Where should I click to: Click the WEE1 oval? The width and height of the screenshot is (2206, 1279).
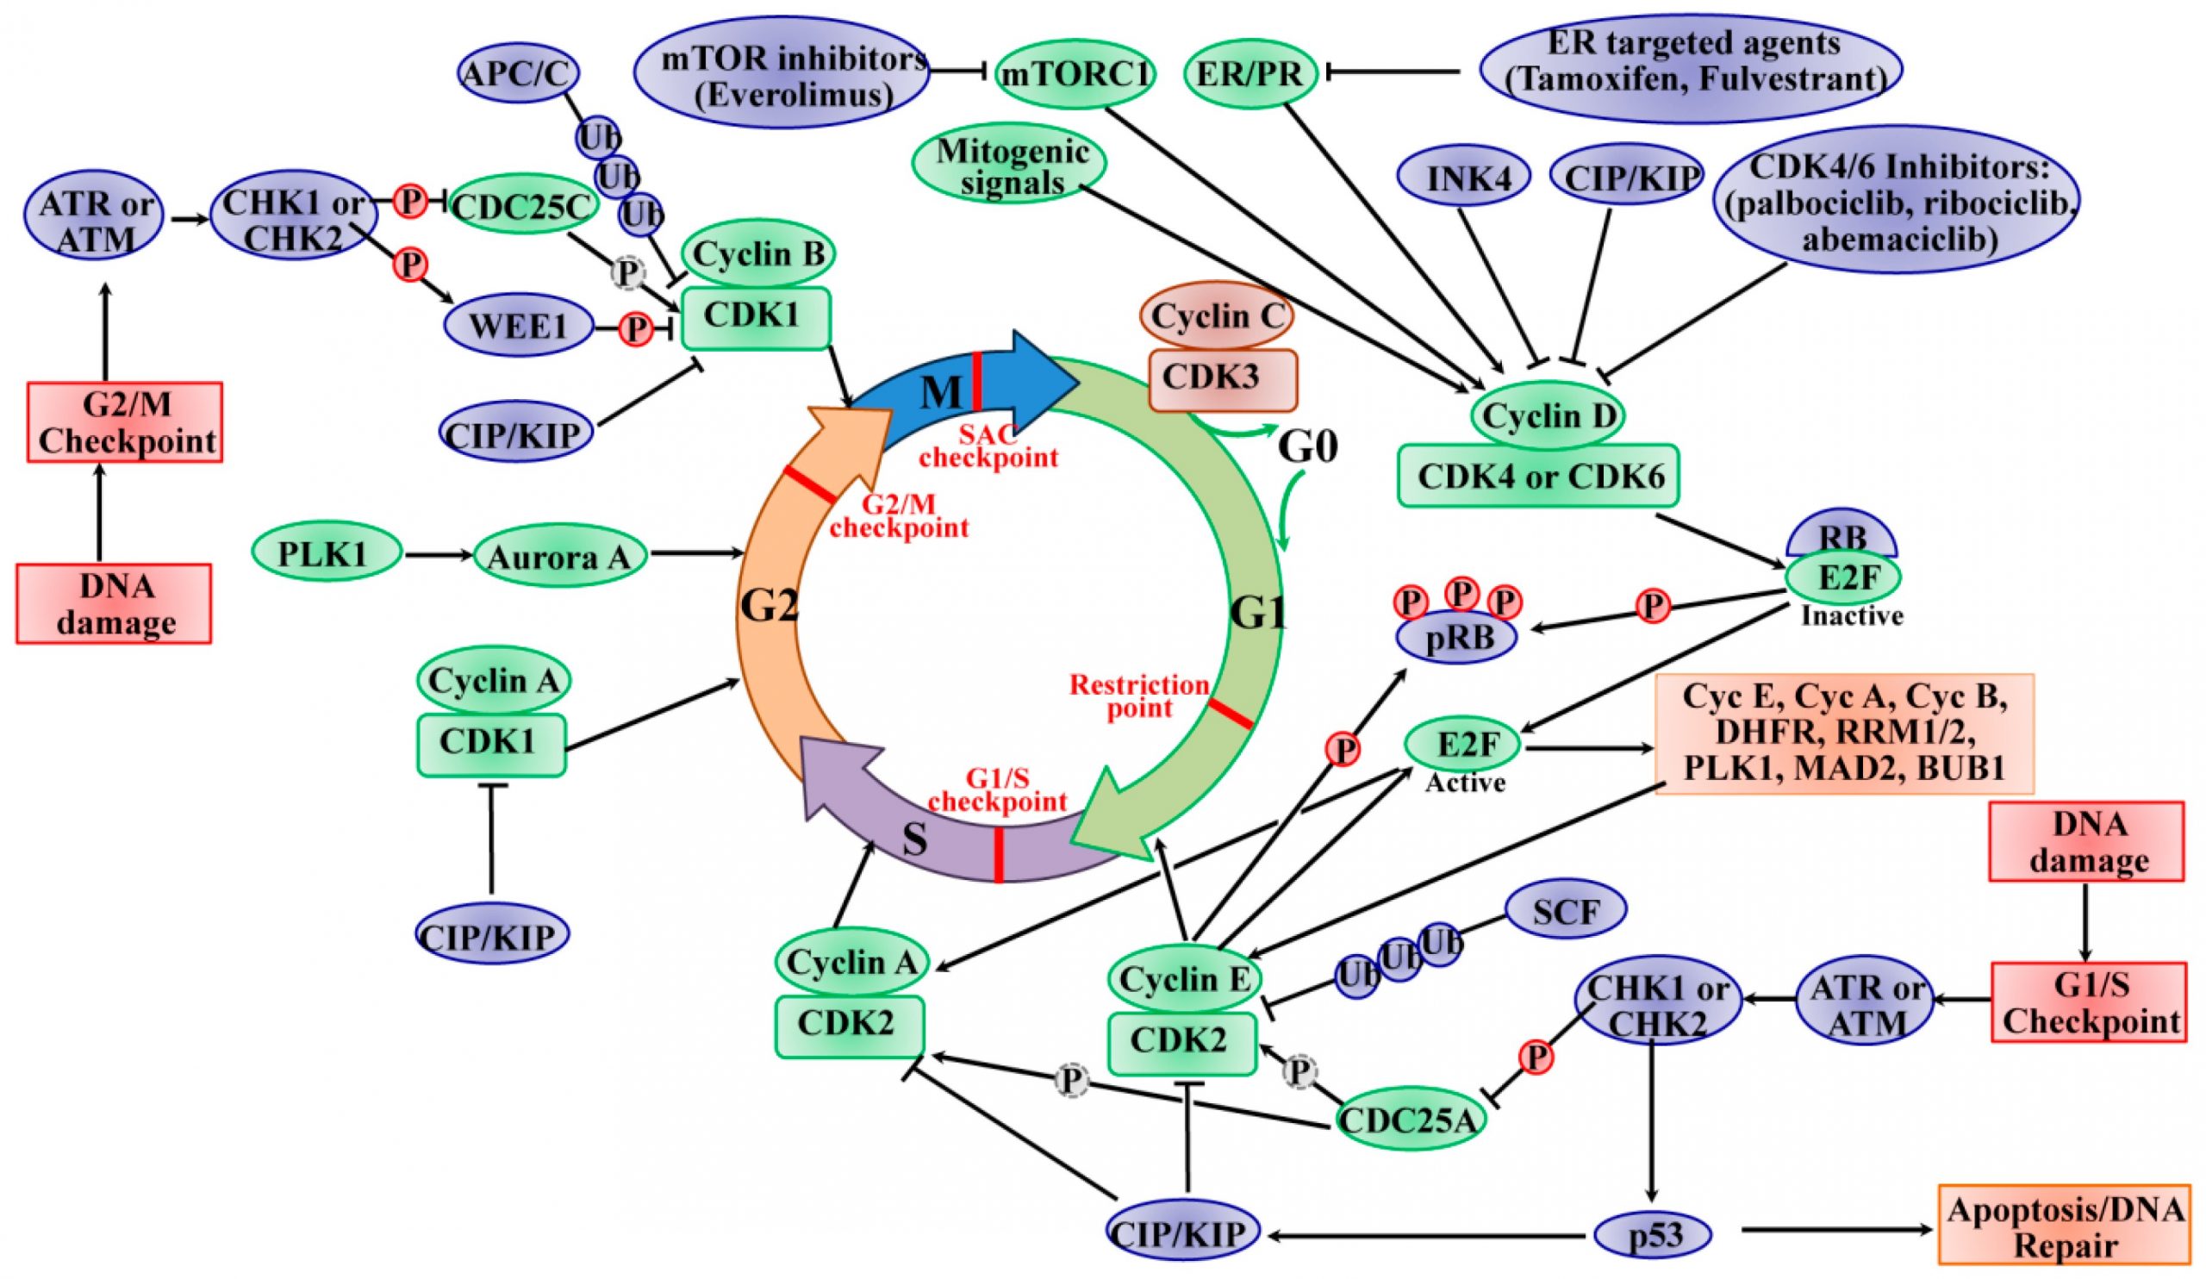[x=518, y=328]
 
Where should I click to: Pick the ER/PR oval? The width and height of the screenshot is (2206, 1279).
[x=1250, y=74]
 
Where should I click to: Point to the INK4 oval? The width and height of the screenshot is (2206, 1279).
[x=1463, y=178]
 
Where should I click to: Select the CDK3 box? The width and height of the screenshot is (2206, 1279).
[x=1221, y=378]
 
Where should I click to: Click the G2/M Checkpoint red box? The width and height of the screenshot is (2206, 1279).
[x=125, y=422]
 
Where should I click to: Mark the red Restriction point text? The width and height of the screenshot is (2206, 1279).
[x=1139, y=696]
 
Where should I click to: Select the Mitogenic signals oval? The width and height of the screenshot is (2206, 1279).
[x=1008, y=165]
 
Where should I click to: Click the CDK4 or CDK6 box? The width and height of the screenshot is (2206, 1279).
[x=1538, y=476]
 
